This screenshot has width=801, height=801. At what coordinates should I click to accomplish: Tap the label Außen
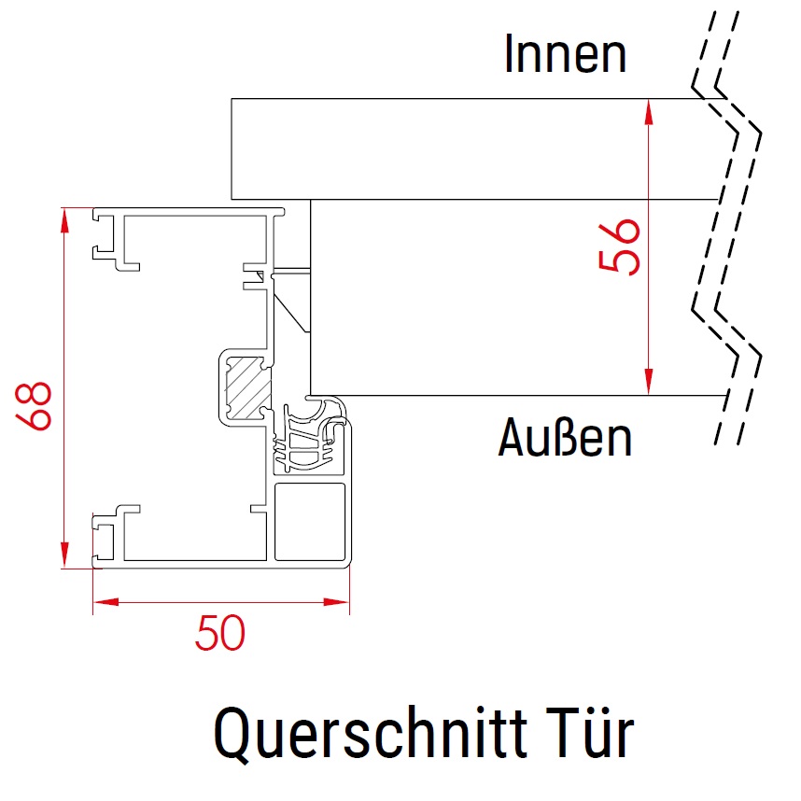pyautogui.click(x=565, y=437)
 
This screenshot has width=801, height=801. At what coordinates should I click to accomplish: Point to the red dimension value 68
pyautogui.click(x=37, y=404)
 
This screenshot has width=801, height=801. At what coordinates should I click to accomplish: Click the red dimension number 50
pyautogui.click(x=220, y=635)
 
